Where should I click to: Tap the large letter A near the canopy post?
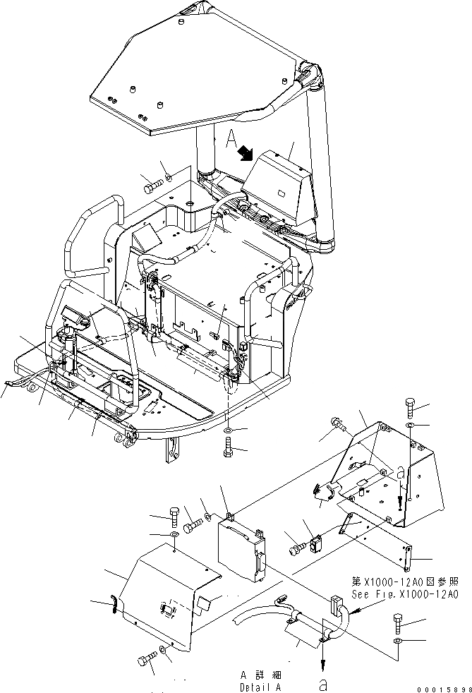[x=231, y=138]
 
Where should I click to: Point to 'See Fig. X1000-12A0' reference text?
[x=406, y=595]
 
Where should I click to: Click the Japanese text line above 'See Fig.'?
[x=406, y=583]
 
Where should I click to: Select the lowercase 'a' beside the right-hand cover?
[x=401, y=475]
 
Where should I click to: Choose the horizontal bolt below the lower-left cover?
[x=147, y=660]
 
